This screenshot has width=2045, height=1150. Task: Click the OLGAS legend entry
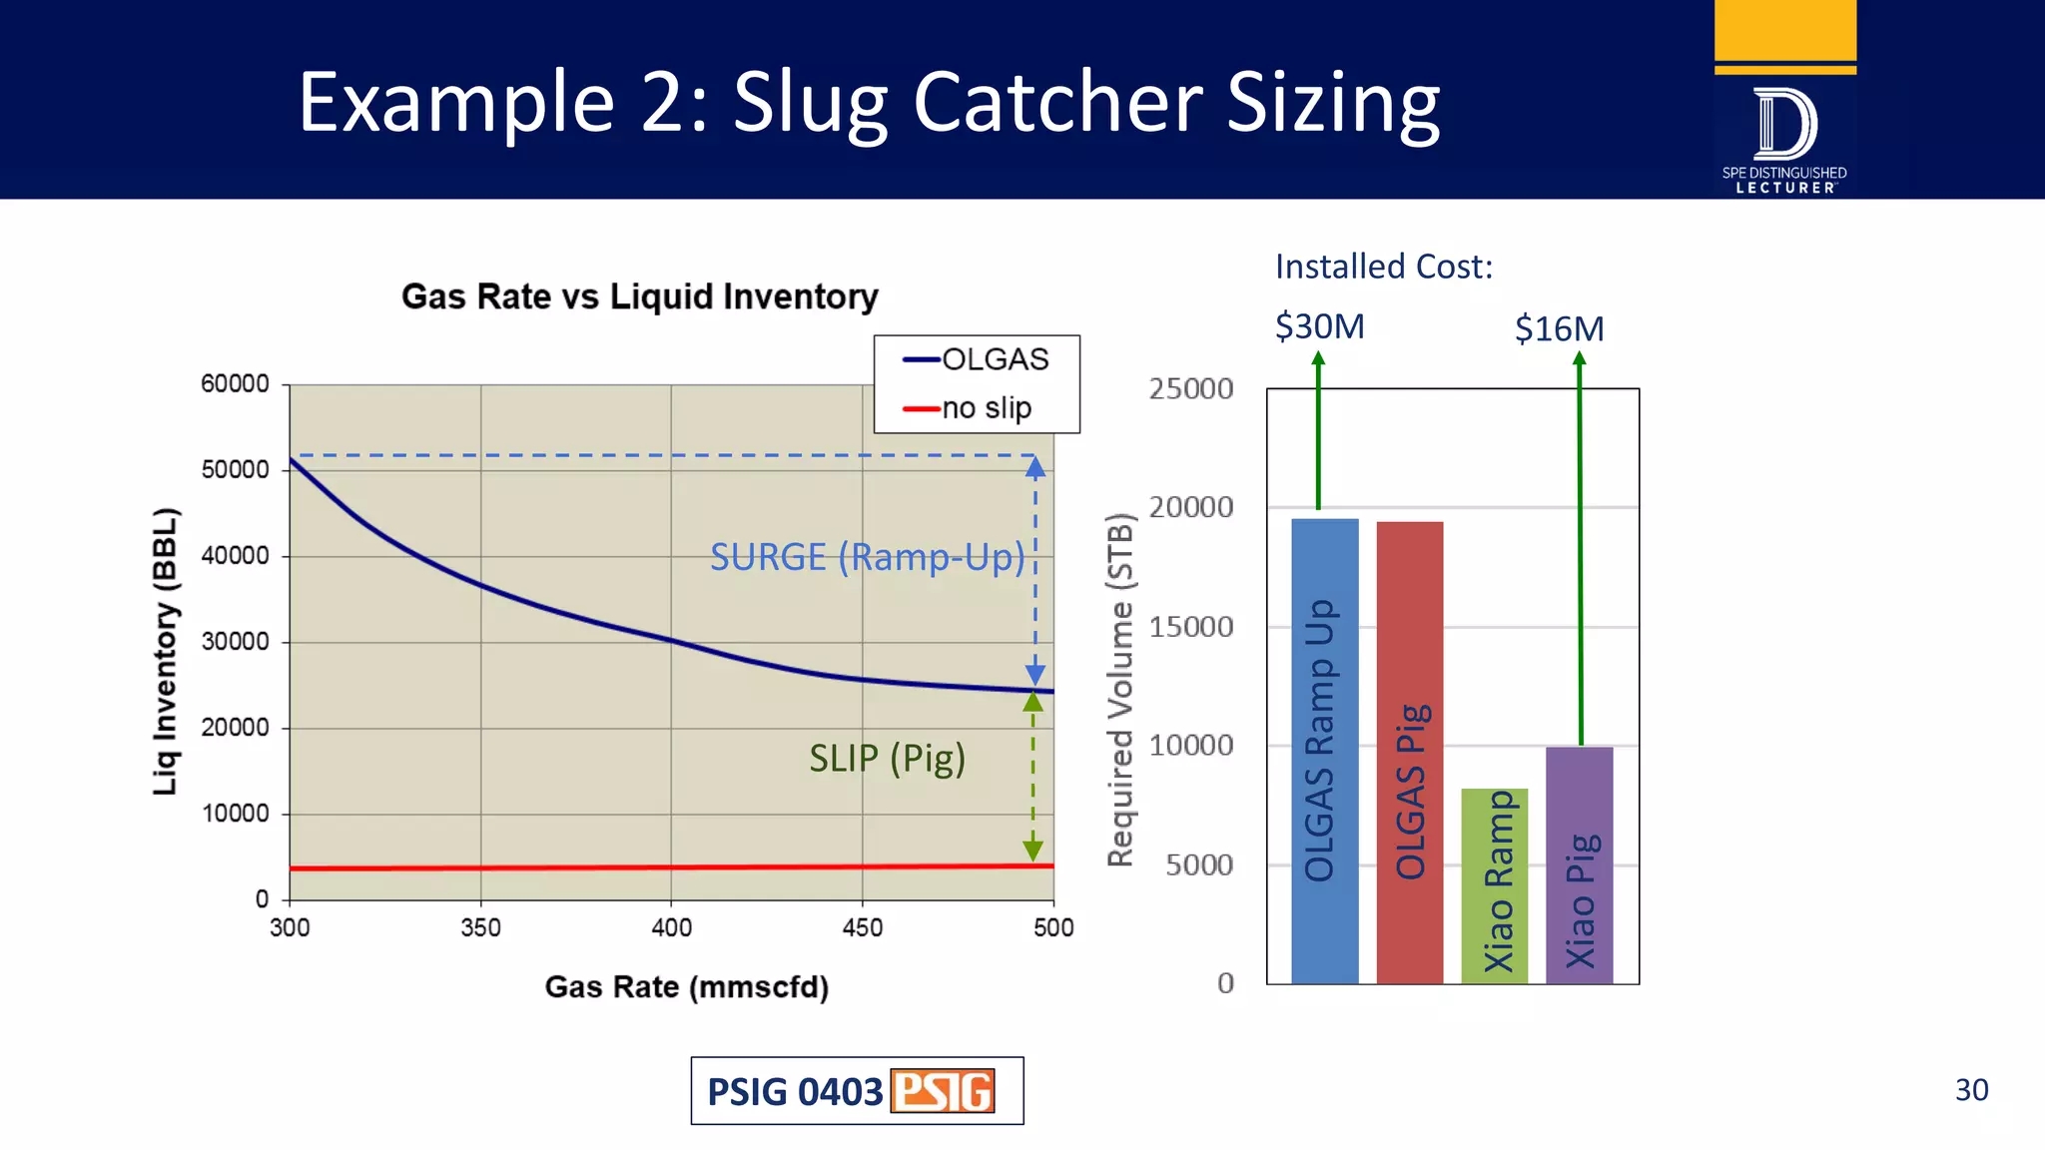pyautogui.click(x=977, y=359)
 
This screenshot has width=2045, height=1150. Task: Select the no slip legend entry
pyautogui.click(x=969, y=408)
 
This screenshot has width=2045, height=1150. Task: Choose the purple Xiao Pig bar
pyautogui.click(x=1579, y=864)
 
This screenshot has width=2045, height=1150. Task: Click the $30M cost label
pyautogui.click(x=1319, y=326)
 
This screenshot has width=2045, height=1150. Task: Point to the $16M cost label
pyautogui.click(x=1559, y=328)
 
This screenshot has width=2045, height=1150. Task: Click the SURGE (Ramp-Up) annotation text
pyautogui.click(x=867, y=557)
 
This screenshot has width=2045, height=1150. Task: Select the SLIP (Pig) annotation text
pyautogui.click(x=887, y=759)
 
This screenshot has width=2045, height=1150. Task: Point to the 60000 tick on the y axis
pyautogui.click(x=235, y=384)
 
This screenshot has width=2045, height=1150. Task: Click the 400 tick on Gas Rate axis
pyautogui.click(x=671, y=928)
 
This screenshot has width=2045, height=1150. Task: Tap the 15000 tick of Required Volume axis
pyautogui.click(x=1190, y=627)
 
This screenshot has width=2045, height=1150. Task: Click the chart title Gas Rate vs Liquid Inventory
pyautogui.click(x=639, y=296)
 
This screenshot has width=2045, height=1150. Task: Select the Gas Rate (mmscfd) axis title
pyautogui.click(x=686, y=987)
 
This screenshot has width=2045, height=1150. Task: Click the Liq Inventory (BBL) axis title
pyautogui.click(x=165, y=651)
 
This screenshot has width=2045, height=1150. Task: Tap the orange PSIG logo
pyautogui.click(x=943, y=1091)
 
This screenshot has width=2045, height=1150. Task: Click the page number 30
pyautogui.click(x=1971, y=1089)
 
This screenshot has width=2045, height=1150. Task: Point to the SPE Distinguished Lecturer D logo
pyautogui.click(x=1784, y=125)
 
